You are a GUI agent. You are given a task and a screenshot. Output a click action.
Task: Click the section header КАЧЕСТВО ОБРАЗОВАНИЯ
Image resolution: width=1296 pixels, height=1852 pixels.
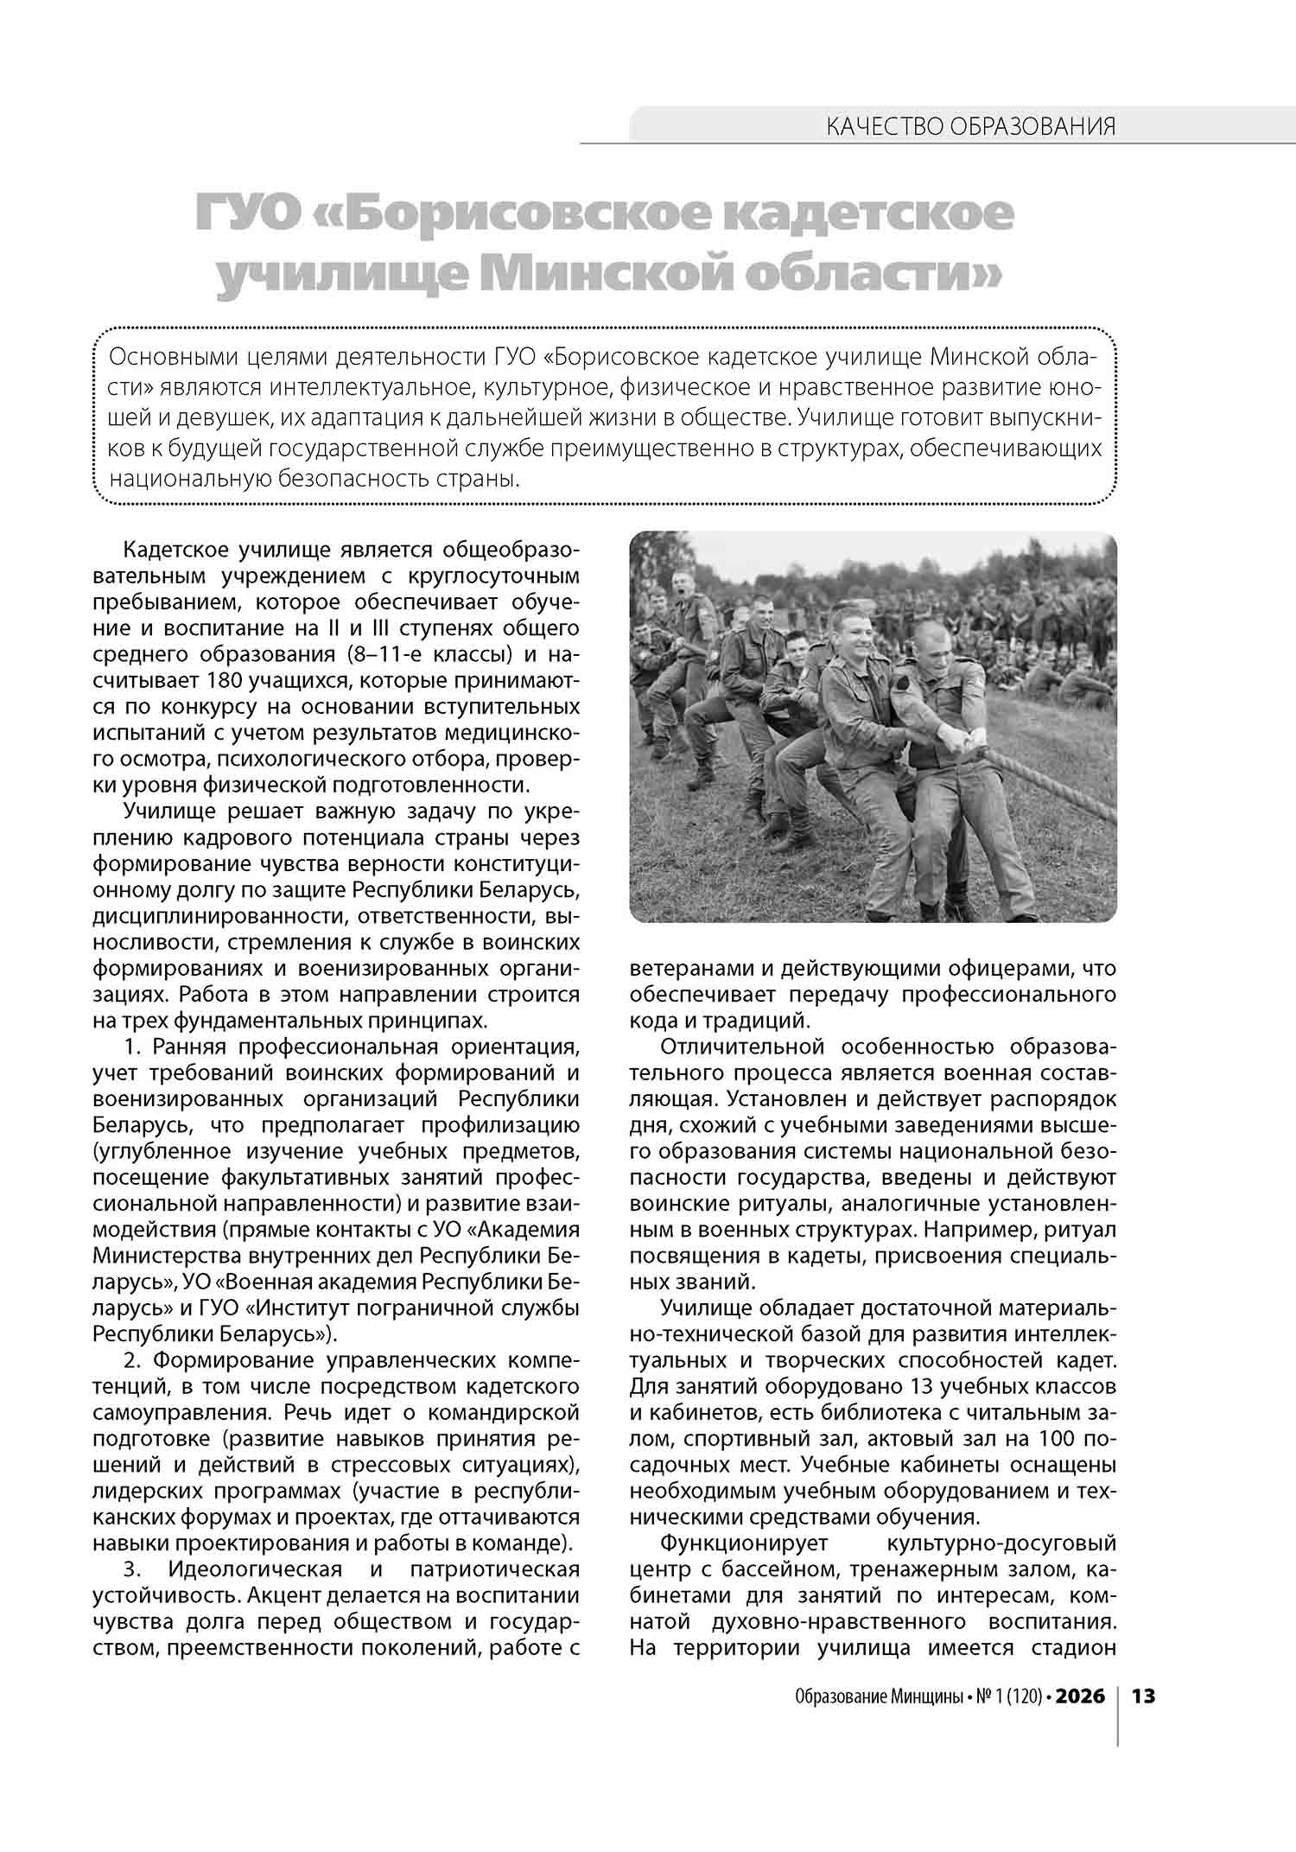point(970,127)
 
